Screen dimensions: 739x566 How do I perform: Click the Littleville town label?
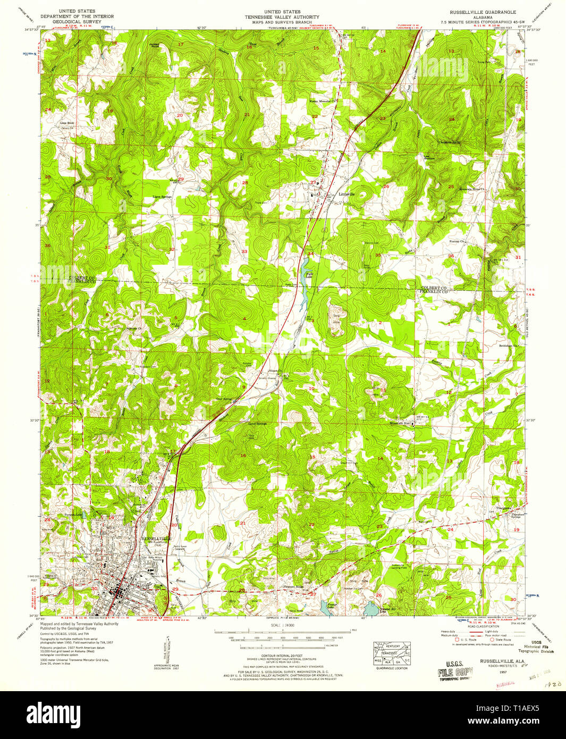347,194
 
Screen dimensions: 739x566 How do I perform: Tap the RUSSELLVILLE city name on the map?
156,539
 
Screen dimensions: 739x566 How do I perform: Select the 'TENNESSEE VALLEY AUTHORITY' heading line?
282,17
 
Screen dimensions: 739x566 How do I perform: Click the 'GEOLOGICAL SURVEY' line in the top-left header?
78,23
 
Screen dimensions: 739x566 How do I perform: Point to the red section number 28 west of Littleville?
245,183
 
